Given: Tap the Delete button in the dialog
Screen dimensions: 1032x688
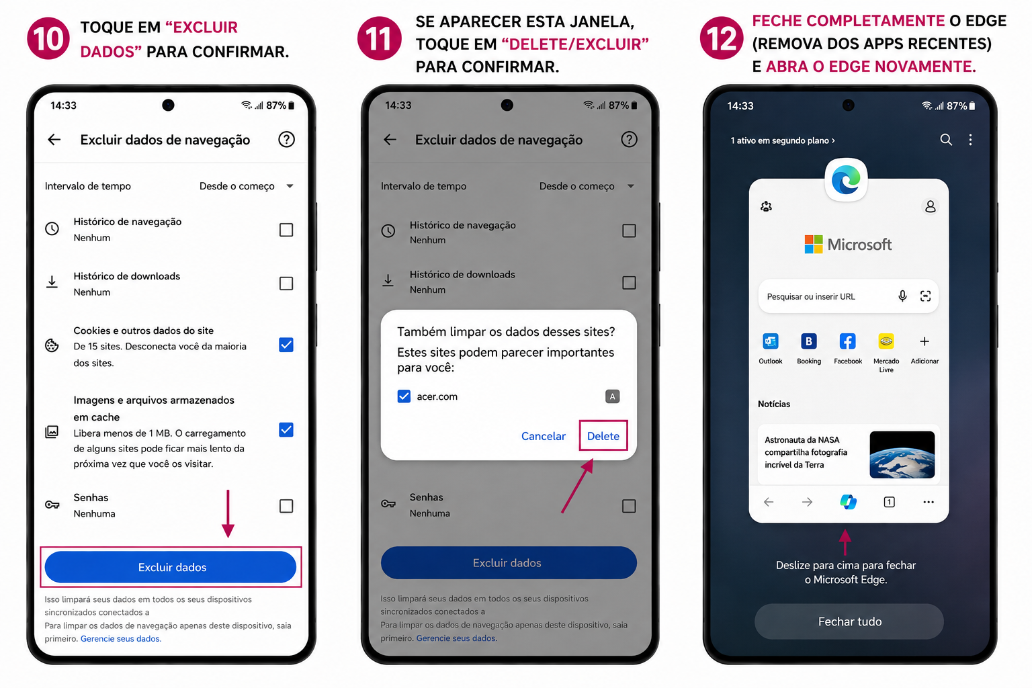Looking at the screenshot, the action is [603, 435].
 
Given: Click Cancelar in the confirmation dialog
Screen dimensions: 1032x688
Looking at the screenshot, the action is [543, 436].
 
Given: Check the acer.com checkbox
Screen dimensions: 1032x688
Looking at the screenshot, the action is [404, 396].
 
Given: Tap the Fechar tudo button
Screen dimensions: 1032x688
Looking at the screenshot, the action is [849, 621].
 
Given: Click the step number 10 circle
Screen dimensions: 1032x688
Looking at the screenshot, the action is [48, 38].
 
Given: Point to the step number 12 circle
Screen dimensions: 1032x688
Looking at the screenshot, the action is [721, 38].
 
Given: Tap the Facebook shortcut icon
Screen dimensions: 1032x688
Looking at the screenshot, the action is [847, 341].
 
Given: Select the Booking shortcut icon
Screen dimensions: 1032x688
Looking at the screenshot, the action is [808, 341].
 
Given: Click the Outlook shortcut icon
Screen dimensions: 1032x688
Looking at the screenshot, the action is [771, 341].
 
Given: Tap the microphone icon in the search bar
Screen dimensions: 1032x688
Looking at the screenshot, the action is [902, 296].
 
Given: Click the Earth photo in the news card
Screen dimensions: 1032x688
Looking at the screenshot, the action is [902, 454].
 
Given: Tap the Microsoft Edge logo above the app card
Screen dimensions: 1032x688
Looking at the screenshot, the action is [846, 179].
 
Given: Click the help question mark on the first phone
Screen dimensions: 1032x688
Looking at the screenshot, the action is [286, 139].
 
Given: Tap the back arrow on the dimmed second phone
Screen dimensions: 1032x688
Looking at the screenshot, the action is [390, 140].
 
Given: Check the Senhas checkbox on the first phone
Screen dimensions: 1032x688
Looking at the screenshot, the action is [286, 505].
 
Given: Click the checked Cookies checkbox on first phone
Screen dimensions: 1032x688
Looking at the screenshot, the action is [286, 345].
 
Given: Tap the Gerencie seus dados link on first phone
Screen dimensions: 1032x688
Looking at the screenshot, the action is [121, 639].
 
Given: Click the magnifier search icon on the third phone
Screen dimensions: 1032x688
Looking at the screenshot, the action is [946, 140].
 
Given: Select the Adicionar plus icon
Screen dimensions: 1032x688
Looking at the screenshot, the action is [924, 341].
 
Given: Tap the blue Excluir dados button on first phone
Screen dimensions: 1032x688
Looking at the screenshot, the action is [171, 567].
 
